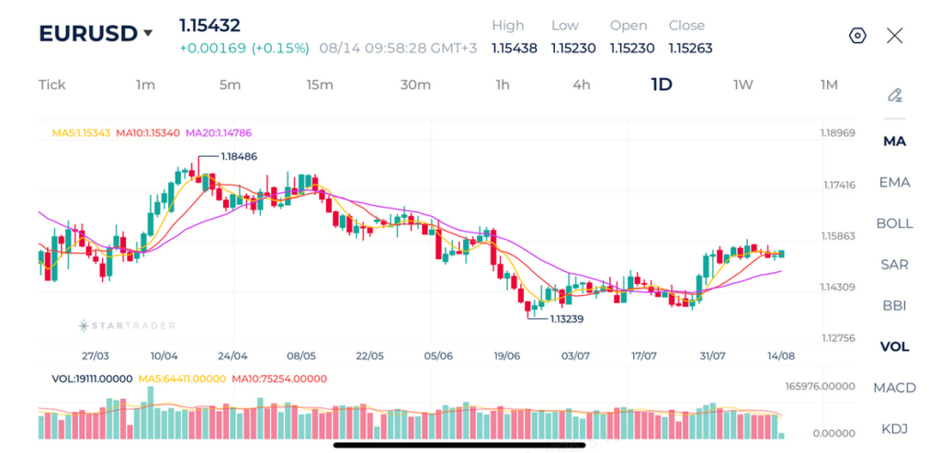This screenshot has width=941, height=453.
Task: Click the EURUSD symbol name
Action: click(x=87, y=34)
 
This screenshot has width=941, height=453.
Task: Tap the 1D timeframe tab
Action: click(x=662, y=85)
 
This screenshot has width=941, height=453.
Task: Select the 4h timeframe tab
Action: click(x=581, y=85)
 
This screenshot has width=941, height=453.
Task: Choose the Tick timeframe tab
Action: click(x=51, y=85)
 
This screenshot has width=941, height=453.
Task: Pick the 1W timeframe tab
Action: click(x=743, y=85)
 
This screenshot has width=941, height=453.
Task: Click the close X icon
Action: click(x=894, y=36)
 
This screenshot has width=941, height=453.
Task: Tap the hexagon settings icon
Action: click(x=857, y=36)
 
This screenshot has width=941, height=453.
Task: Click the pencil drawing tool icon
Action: click(x=895, y=96)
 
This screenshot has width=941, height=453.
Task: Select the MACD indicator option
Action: click(x=894, y=388)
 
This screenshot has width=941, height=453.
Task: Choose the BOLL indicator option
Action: click(x=894, y=223)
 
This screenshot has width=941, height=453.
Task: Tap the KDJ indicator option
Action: click(x=894, y=428)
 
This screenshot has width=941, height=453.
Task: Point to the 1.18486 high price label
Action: click(x=239, y=156)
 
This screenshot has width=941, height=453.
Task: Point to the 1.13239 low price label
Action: click(x=565, y=319)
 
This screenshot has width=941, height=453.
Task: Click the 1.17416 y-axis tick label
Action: click(x=838, y=185)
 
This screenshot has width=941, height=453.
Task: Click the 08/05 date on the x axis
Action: click(x=301, y=356)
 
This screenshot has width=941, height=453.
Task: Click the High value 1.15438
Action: click(x=515, y=48)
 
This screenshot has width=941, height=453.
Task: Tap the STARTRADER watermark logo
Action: click(x=127, y=326)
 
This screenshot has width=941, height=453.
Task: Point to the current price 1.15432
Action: click(x=210, y=26)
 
